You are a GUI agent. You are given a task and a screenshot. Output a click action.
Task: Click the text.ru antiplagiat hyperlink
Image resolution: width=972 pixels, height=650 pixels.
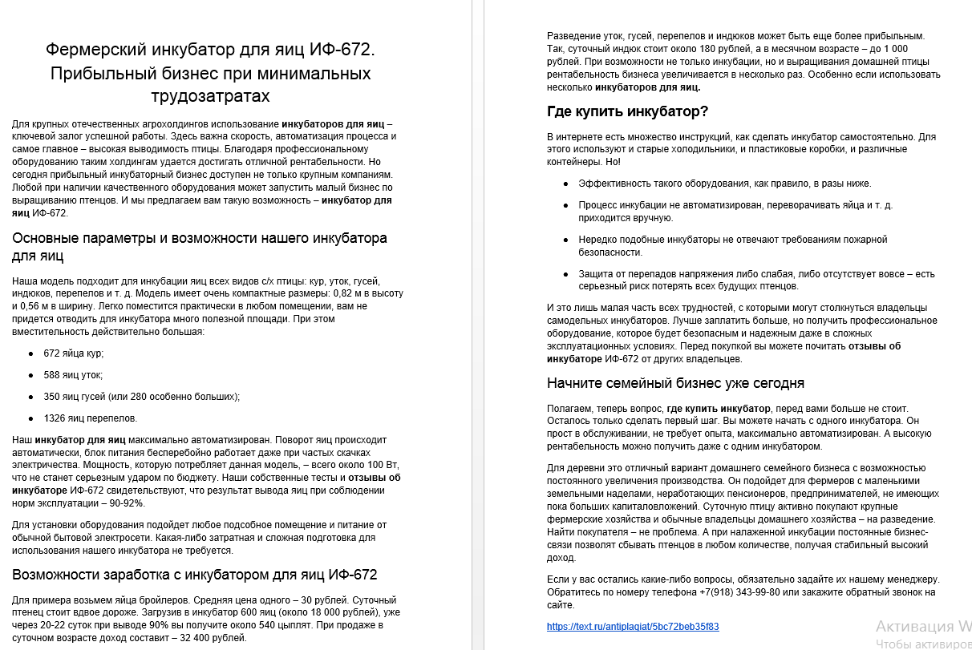[633, 627]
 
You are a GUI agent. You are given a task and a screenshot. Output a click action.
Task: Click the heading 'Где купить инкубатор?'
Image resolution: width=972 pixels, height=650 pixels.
[627, 111]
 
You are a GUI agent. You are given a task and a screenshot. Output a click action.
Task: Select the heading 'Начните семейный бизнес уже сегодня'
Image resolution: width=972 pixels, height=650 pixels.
[675, 383]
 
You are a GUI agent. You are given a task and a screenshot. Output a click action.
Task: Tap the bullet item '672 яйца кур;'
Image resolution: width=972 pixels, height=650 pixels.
[74, 353]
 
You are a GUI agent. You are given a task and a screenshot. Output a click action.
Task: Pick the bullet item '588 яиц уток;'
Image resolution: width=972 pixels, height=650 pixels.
[73, 374]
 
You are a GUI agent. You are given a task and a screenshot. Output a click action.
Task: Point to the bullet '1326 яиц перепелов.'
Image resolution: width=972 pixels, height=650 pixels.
[90, 418]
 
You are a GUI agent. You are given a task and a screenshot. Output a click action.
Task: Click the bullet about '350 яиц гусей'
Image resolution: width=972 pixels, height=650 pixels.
[141, 396]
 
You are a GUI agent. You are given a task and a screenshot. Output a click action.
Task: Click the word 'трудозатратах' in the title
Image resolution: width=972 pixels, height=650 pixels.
[210, 96]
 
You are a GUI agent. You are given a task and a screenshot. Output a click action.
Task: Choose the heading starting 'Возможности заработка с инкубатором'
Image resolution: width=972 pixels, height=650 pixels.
[194, 575]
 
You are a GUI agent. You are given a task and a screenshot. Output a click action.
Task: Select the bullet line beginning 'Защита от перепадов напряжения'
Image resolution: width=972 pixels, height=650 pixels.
[756, 274]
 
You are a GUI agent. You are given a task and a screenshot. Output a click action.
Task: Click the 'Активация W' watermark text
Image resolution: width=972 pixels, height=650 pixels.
[922, 626]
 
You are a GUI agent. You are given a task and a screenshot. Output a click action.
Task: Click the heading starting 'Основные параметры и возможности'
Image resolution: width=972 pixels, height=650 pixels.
[199, 239]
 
